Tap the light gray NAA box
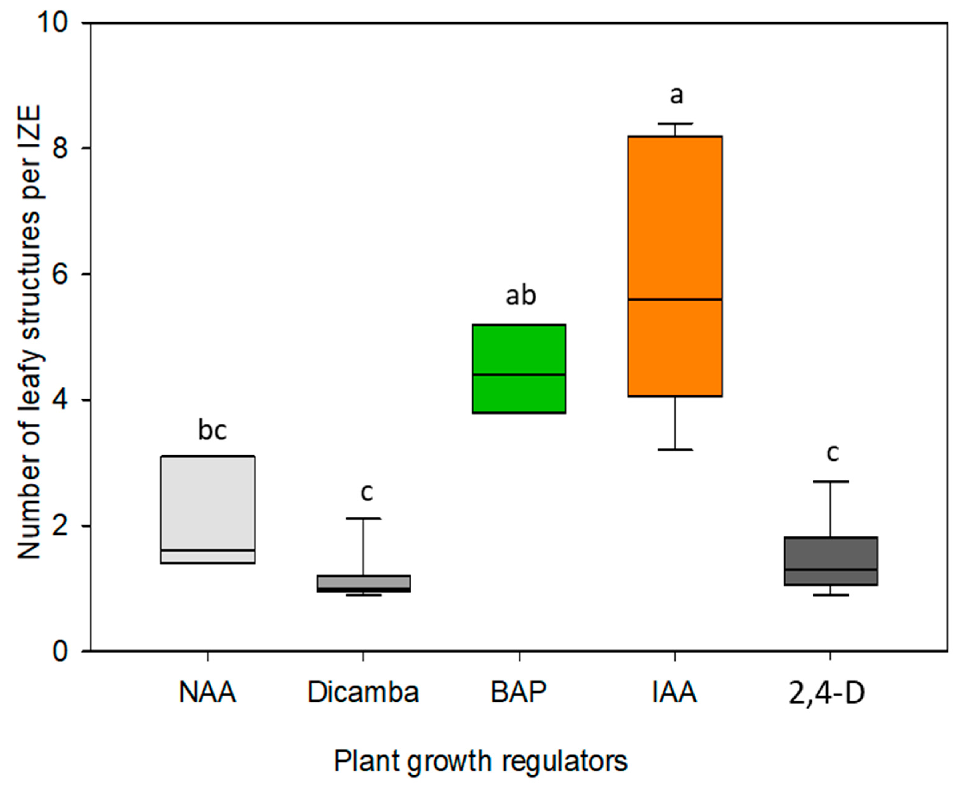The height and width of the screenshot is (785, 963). coord(208,502)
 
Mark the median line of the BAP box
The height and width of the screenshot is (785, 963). coord(519,374)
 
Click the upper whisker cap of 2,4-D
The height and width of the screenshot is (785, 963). coord(831,482)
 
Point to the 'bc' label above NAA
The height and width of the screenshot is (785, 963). coord(212,430)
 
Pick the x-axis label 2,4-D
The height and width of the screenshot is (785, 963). coord(826,693)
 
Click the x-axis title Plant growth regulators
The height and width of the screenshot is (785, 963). coord(480,761)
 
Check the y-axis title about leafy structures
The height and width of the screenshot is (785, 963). coord(29,332)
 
